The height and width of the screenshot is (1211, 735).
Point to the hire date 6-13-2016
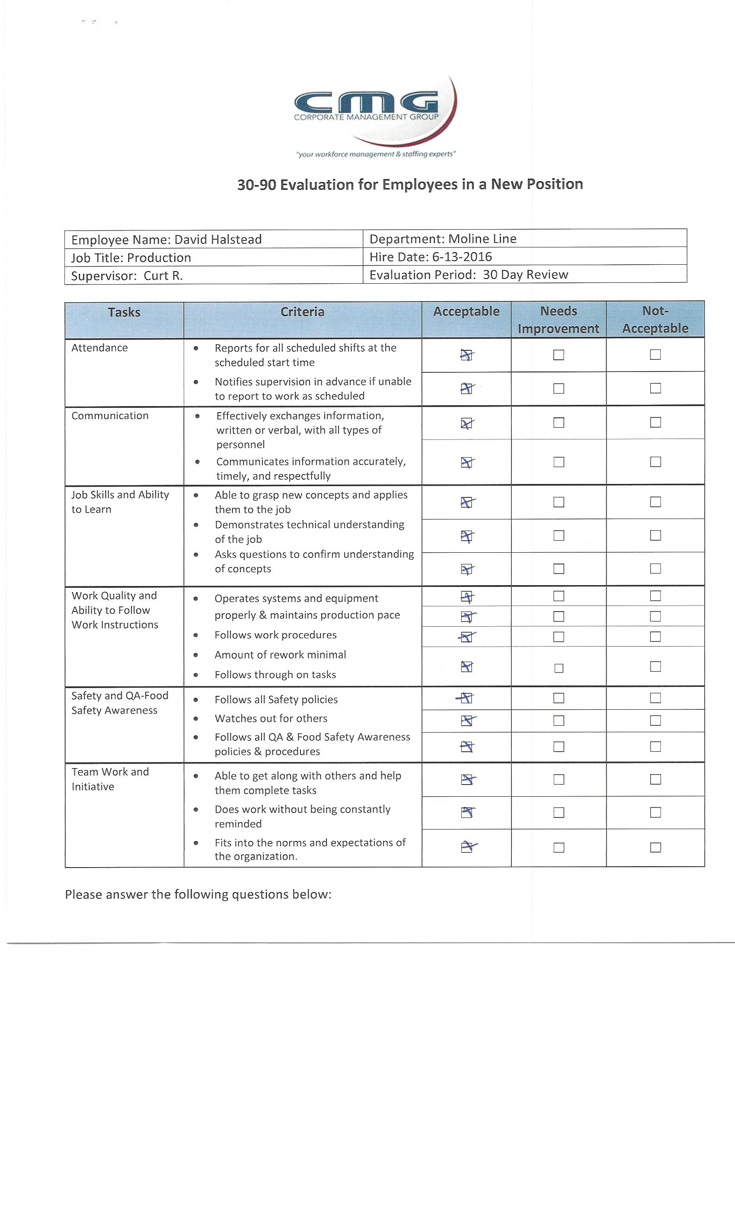pyautogui.click(x=462, y=256)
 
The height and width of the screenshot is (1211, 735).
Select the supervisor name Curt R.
pyautogui.click(x=163, y=276)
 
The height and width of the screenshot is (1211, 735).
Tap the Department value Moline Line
pyautogui.click(x=482, y=239)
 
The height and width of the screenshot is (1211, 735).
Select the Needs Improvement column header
pyautogui.click(x=558, y=320)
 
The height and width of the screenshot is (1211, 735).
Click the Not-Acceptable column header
pyautogui.click(x=655, y=320)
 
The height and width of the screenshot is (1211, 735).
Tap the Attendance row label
pyautogui.click(x=100, y=347)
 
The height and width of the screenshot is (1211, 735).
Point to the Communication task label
pyautogui.click(x=110, y=415)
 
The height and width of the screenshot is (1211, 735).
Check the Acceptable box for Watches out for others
pyautogui.click(x=467, y=721)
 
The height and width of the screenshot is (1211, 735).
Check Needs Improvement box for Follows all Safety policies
pyautogui.click(x=559, y=698)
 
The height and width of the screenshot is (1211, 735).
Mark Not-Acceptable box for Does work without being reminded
pyautogui.click(x=655, y=812)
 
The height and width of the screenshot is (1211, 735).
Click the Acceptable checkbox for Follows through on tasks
pyautogui.click(x=467, y=666)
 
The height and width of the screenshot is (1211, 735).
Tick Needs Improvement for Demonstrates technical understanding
pyautogui.click(x=559, y=535)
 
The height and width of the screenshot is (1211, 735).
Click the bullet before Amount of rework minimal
pyautogui.click(x=195, y=655)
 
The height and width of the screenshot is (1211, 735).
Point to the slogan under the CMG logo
pyautogui.click(x=376, y=154)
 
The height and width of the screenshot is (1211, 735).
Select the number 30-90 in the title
pyautogui.click(x=256, y=185)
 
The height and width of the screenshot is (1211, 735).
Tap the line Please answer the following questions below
pyautogui.click(x=198, y=894)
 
